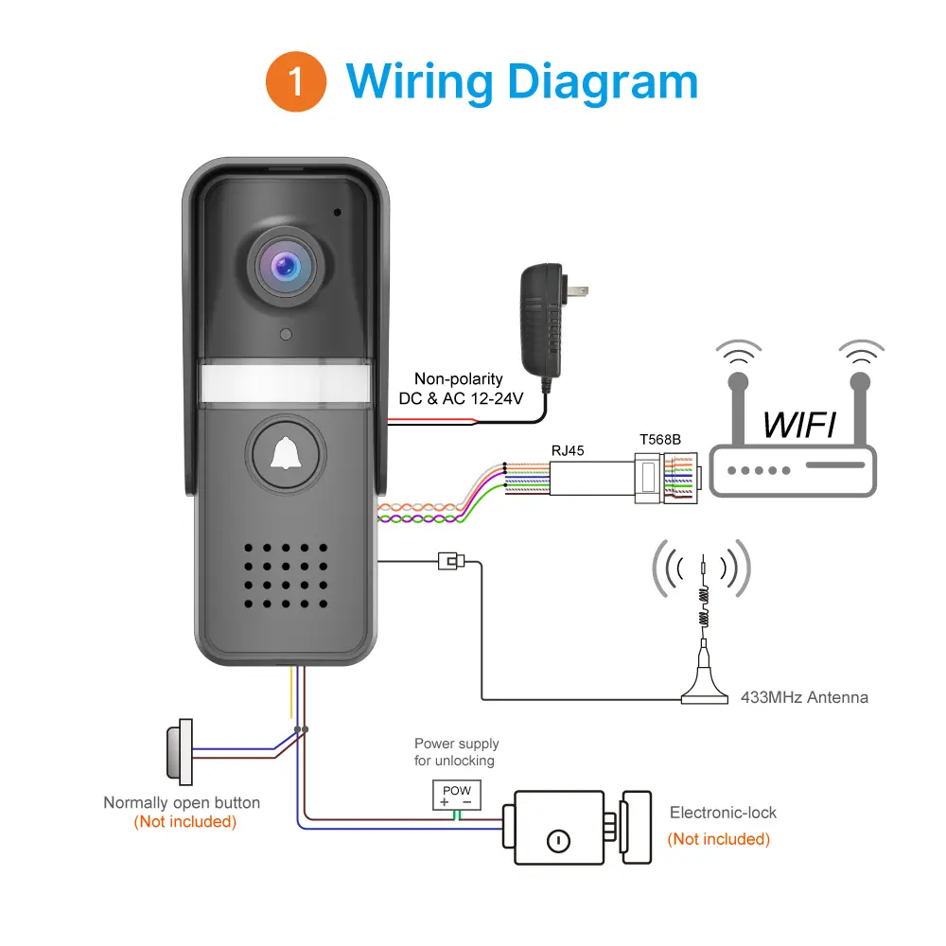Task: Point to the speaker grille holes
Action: [285, 575]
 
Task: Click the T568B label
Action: [659, 441]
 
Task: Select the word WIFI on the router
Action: [798, 425]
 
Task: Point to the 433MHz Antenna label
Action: [804, 697]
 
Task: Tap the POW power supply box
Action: [456, 796]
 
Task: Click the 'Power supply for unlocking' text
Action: [456, 752]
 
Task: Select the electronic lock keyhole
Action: [558, 839]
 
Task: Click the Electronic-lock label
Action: [723, 813]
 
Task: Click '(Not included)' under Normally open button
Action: [184, 821]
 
